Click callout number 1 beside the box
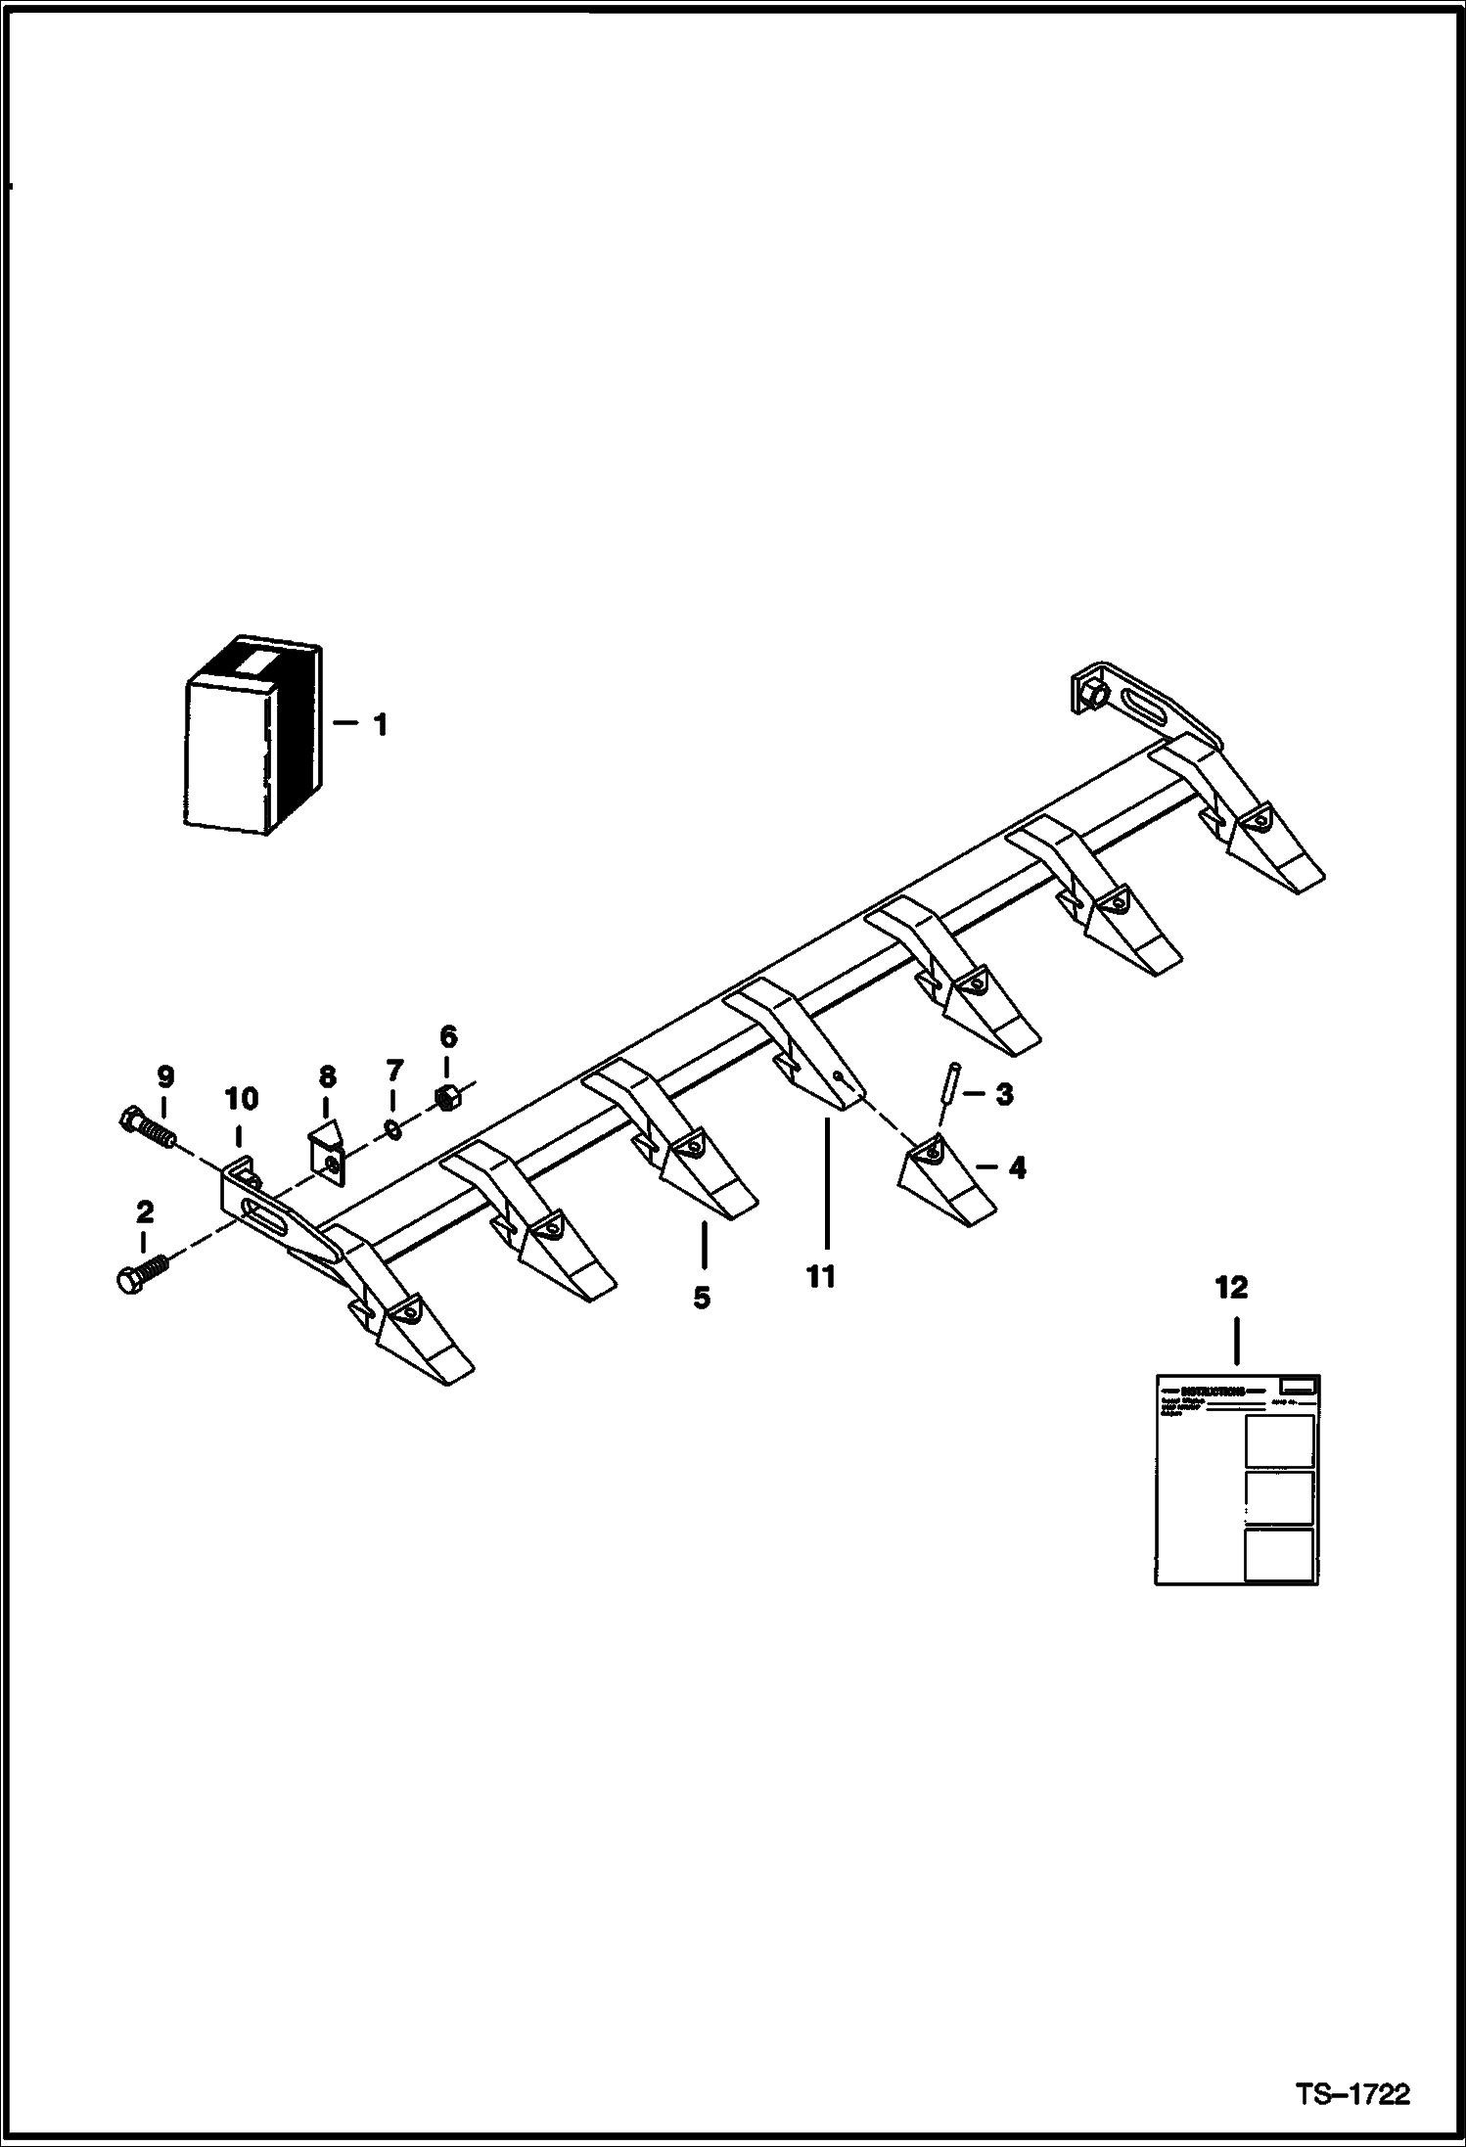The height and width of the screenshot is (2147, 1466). coord(380,725)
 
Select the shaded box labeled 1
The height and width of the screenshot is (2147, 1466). coord(252,740)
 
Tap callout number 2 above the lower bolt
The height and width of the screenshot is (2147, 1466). coord(145,1213)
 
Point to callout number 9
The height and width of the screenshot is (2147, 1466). coord(165,1077)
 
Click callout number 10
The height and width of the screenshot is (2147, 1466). coord(241,1099)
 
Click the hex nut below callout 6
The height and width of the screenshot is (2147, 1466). coord(446,1099)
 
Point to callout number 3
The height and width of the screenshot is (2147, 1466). coord(1004,1094)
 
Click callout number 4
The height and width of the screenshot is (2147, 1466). coord(1018,1167)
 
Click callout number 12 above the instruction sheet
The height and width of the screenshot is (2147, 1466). coord(1231,1288)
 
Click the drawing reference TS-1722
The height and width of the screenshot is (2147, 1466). coord(1352,2094)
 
